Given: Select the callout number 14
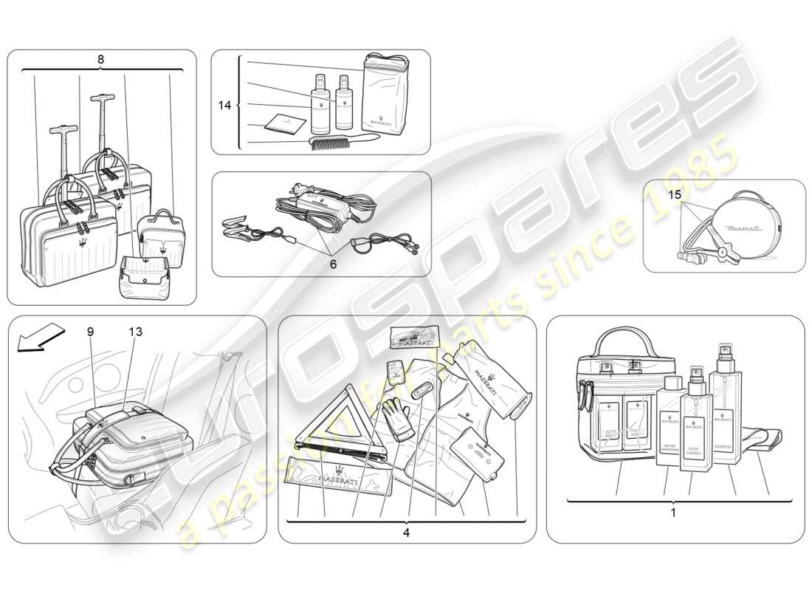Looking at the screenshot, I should (224, 106).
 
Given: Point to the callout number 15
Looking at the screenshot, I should (675, 195).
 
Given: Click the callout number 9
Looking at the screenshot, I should (90, 332).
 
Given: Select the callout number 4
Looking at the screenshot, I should (407, 531).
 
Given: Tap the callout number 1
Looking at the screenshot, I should (672, 511).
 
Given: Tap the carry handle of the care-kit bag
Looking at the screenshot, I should (625, 341).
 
